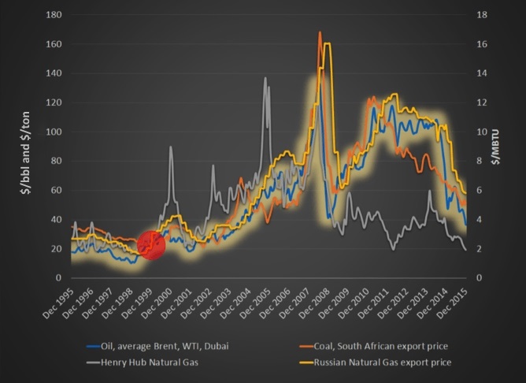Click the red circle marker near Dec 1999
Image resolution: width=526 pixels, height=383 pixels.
click(x=151, y=245)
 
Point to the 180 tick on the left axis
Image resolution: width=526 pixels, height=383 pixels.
click(x=54, y=15)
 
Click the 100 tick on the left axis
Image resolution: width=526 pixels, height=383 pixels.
click(x=54, y=132)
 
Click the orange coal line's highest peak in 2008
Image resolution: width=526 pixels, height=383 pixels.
click(x=320, y=32)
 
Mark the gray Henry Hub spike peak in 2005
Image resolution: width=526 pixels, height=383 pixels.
click(x=265, y=78)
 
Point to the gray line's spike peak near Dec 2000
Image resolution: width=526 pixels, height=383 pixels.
click(x=171, y=147)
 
